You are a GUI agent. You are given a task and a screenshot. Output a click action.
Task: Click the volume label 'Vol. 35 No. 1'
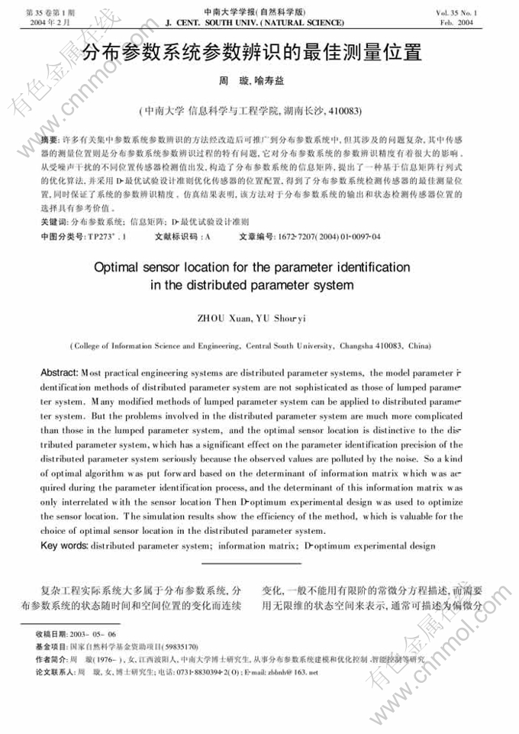pyautogui.click(x=479, y=13)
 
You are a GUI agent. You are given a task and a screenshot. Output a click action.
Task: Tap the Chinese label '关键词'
pyautogui.click(x=53, y=222)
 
